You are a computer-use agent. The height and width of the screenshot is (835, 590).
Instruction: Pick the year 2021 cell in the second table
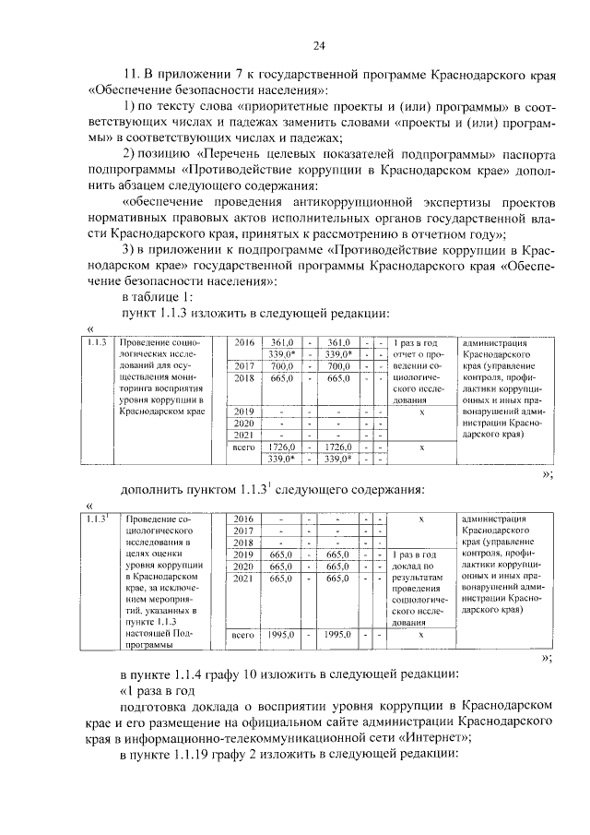tap(243, 578)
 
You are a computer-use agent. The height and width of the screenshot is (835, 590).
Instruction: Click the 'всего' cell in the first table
tap(243, 447)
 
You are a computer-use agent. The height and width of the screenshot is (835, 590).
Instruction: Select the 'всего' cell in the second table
tap(243, 635)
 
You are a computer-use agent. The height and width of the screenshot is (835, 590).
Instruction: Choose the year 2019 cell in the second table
tap(243, 554)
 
